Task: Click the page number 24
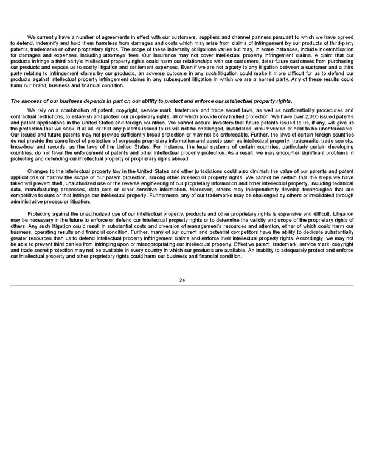182,280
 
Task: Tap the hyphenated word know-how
24,147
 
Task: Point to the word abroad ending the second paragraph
181,158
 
